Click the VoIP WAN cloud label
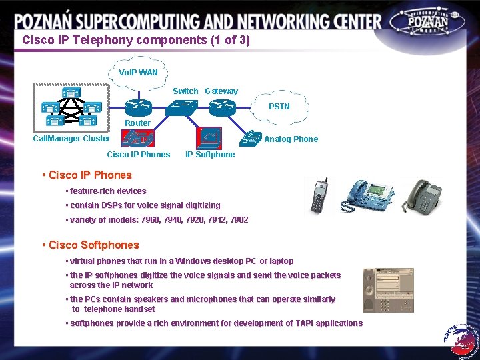pyautogui.click(x=138, y=72)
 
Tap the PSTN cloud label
pyautogui.click(x=279, y=107)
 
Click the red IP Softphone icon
pyautogui.click(x=209, y=137)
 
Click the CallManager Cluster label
pyautogui.click(x=71, y=139)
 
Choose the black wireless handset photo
pyautogui.click(x=318, y=197)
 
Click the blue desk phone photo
pyautogui.click(x=365, y=195)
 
